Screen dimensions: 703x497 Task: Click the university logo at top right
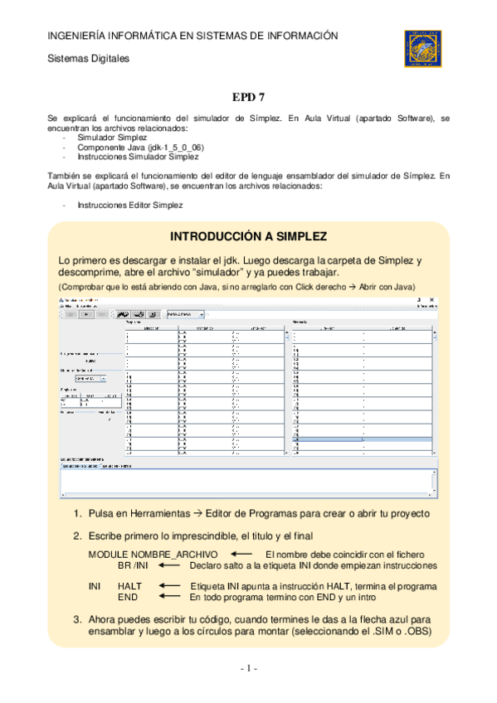click(426, 47)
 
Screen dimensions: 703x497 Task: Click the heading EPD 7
click(248, 97)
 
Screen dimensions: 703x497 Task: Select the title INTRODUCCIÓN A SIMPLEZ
click(248, 235)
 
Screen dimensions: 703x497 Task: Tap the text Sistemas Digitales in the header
click(88, 59)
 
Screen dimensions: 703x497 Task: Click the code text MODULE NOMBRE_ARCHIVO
click(153, 554)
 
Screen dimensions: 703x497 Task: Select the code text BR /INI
click(134, 565)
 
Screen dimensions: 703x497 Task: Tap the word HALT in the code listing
click(130, 586)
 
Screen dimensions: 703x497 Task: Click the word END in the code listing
click(128, 597)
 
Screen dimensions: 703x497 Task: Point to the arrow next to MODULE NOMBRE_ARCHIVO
click(241, 553)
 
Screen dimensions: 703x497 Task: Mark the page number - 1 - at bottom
click(249, 668)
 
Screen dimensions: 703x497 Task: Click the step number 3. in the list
click(77, 618)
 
